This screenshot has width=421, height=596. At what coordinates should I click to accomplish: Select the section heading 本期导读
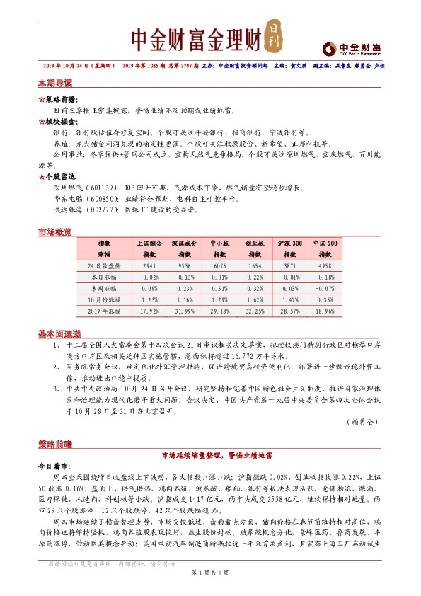pos(54,83)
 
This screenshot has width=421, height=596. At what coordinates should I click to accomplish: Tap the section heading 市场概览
pos(54,232)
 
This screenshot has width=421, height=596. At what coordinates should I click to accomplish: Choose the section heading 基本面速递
pos(58,333)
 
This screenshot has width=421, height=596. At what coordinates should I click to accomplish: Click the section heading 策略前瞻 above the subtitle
pos(54,445)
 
